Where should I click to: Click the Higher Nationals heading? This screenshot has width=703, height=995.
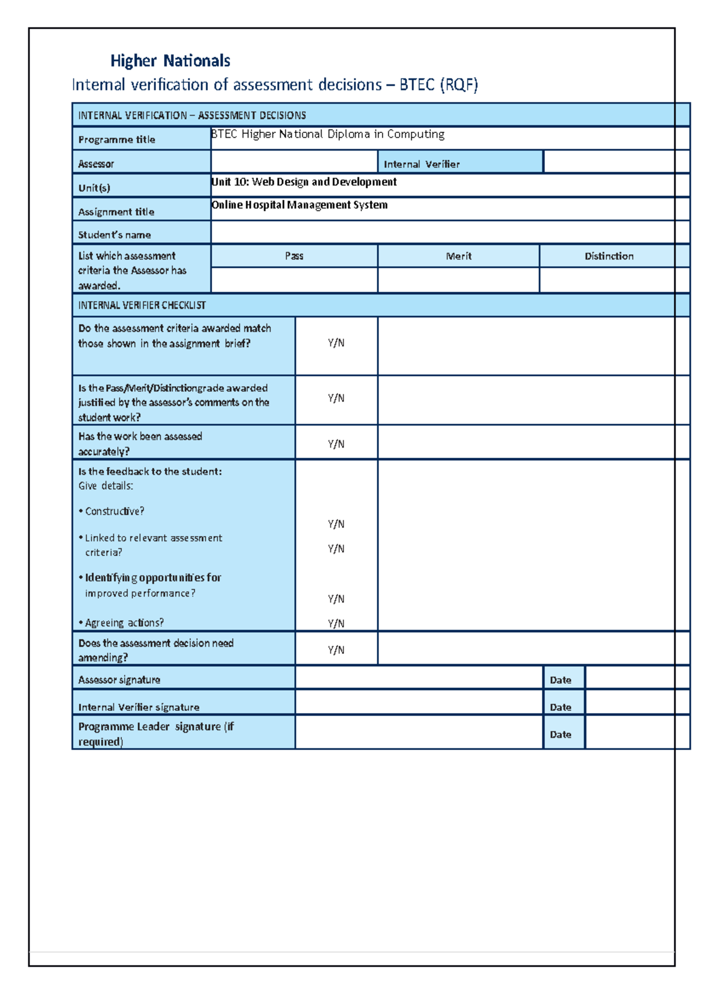(x=170, y=61)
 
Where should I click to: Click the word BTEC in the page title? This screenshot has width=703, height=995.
(x=417, y=85)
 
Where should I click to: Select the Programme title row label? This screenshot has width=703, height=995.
(x=117, y=139)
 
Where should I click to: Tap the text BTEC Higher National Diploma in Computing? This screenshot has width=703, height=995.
(x=327, y=134)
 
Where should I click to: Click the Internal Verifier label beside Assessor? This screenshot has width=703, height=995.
(x=421, y=164)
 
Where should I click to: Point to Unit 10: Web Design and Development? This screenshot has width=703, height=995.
(x=304, y=182)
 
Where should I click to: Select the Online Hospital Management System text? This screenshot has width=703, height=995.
(x=299, y=205)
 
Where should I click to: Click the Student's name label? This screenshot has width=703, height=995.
(x=114, y=235)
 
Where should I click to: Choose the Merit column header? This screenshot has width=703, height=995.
(x=458, y=256)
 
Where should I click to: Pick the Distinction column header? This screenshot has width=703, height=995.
(x=609, y=256)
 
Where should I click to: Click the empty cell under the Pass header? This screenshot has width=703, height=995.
(x=294, y=280)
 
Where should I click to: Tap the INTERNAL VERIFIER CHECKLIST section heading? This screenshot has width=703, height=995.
(x=142, y=305)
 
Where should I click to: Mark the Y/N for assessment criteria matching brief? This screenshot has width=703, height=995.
(x=336, y=343)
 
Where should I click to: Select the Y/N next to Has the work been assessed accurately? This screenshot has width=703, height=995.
(x=336, y=444)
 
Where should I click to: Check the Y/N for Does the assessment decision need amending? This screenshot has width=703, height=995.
(x=336, y=650)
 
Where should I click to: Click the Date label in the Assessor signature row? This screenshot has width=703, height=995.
(x=560, y=680)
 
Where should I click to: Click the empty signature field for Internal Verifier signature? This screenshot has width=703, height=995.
(x=418, y=702)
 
